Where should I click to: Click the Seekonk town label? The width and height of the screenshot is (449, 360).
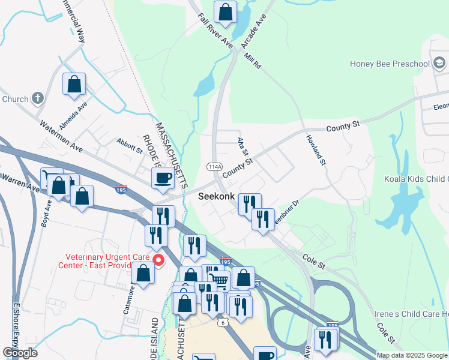pyautogui.click(x=217, y=196)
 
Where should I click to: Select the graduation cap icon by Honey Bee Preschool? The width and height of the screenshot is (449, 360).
pyautogui.click(x=439, y=64)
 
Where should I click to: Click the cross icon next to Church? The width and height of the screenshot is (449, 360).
pyautogui.click(x=37, y=98)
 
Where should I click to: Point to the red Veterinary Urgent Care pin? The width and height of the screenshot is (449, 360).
pyautogui.click(x=159, y=260)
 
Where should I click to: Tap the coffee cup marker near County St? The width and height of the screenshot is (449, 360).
pyautogui.click(x=163, y=178)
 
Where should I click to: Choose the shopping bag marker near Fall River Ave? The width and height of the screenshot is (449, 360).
pyautogui.click(x=225, y=11)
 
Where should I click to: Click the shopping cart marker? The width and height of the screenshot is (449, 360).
pyautogui.click(x=220, y=280)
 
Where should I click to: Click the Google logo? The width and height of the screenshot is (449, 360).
pyautogui.click(x=20, y=353)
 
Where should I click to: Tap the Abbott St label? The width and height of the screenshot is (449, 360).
pyautogui.click(x=129, y=145)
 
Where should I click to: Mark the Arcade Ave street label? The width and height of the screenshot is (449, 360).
pyautogui.click(x=253, y=34)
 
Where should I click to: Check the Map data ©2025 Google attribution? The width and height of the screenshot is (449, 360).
pyautogui.click(x=412, y=355)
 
